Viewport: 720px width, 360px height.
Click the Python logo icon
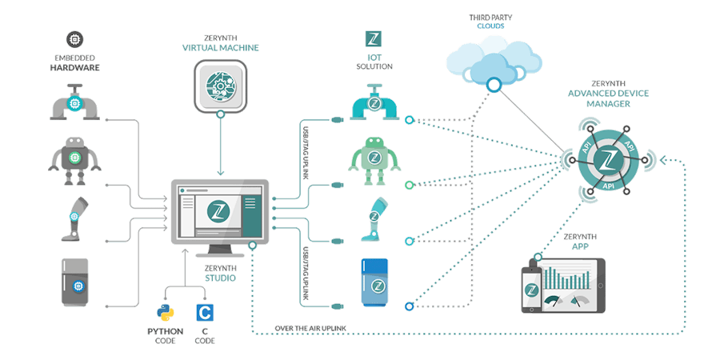(x=165, y=313)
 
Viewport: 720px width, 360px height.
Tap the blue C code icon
(x=205, y=313)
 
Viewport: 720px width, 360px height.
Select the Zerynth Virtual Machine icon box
(x=220, y=86)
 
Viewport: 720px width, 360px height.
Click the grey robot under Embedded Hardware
(x=77, y=153)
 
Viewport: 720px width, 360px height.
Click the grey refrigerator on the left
(x=77, y=282)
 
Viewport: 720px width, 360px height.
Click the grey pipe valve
(x=75, y=102)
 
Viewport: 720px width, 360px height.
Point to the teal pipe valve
(x=373, y=102)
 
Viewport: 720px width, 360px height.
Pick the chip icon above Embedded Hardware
(x=76, y=38)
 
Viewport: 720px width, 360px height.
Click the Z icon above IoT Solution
(x=373, y=39)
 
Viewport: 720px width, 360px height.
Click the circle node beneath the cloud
(x=494, y=83)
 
